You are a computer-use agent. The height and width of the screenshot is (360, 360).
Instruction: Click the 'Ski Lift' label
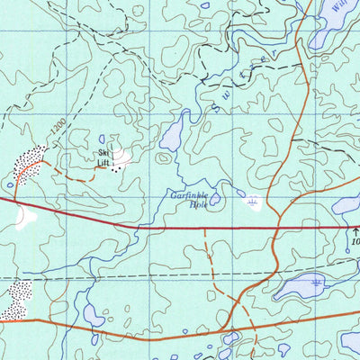click(x=105, y=158)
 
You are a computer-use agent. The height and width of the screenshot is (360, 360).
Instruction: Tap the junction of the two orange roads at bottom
click(x=232, y=328)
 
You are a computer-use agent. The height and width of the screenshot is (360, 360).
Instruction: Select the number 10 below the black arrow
click(x=354, y=243)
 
